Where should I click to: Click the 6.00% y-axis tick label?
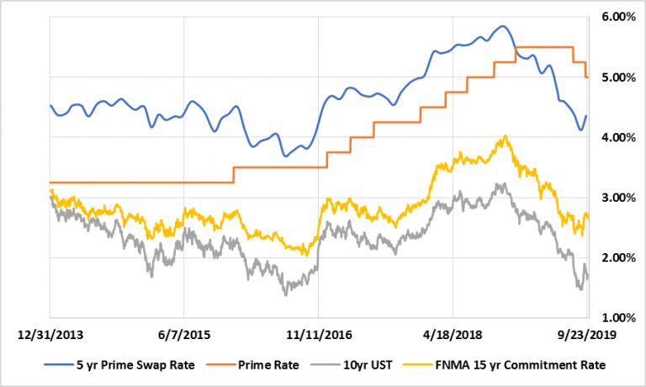point(617,17)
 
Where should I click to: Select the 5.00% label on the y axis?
point(617,77)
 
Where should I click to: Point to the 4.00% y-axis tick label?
point(617,137)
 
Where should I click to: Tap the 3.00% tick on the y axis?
point(617,198)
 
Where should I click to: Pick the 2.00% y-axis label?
point(617,257)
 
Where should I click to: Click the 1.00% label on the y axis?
point(617,318)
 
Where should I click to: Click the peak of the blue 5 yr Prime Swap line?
point(502,26)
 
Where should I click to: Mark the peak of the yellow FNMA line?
point(505,136)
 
